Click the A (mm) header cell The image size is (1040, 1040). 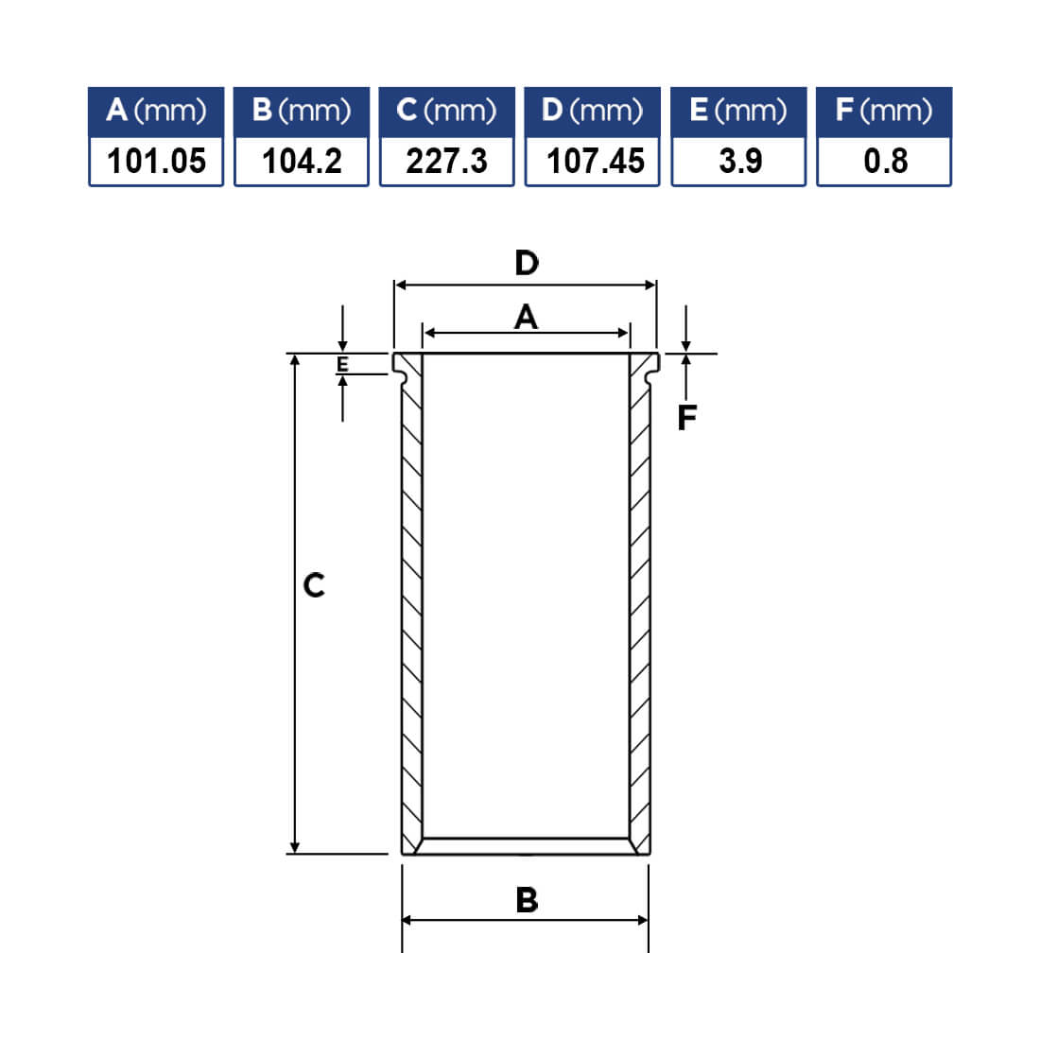tap(156, 112)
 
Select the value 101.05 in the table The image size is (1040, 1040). tap(157, 161)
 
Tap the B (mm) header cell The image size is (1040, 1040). tap(302, 112)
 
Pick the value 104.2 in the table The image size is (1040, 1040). tap(302, 161)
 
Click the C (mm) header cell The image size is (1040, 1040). tap(447, 112)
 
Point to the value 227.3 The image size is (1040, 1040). tap(446, 161)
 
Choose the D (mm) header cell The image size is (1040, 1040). tap(592, 112)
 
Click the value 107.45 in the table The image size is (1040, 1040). tap(596, 161)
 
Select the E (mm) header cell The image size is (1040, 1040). tap(739, 112)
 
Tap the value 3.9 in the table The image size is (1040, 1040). tap(740, 161)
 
